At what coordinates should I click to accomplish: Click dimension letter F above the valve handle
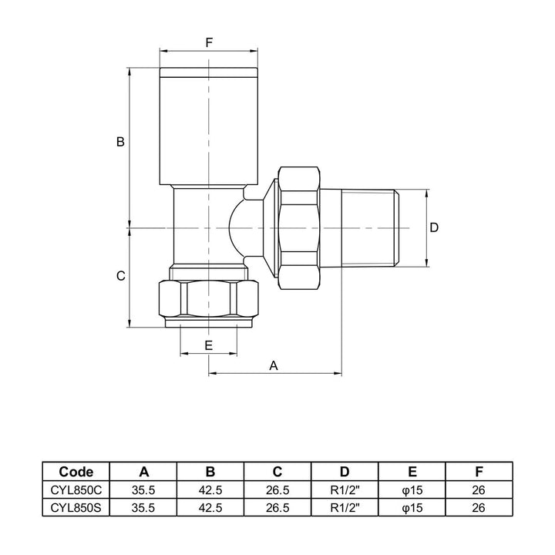[209, 43]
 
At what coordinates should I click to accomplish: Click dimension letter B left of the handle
[120, 142]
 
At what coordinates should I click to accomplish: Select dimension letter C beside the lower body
[120, 276]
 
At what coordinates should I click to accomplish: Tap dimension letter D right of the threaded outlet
[434, 227]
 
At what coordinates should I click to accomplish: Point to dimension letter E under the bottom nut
[209, 345]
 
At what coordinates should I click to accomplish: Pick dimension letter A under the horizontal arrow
[273, 366]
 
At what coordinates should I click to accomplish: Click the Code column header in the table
[77, 472]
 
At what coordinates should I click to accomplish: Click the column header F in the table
[478, 472]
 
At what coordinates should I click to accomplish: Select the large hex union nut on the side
[299, 227]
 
